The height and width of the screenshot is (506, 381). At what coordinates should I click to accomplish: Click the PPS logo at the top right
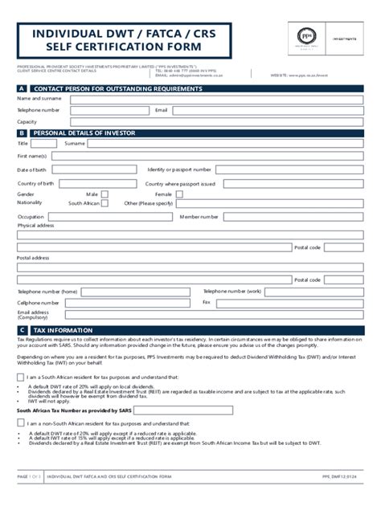(306, 36)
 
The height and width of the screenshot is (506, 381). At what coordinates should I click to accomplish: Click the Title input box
(41, 144)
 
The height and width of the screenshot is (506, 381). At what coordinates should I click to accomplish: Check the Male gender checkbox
(104, 194)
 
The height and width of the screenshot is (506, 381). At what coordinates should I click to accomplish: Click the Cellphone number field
(129, 303)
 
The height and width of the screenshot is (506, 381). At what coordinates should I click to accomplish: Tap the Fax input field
(290, 303)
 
